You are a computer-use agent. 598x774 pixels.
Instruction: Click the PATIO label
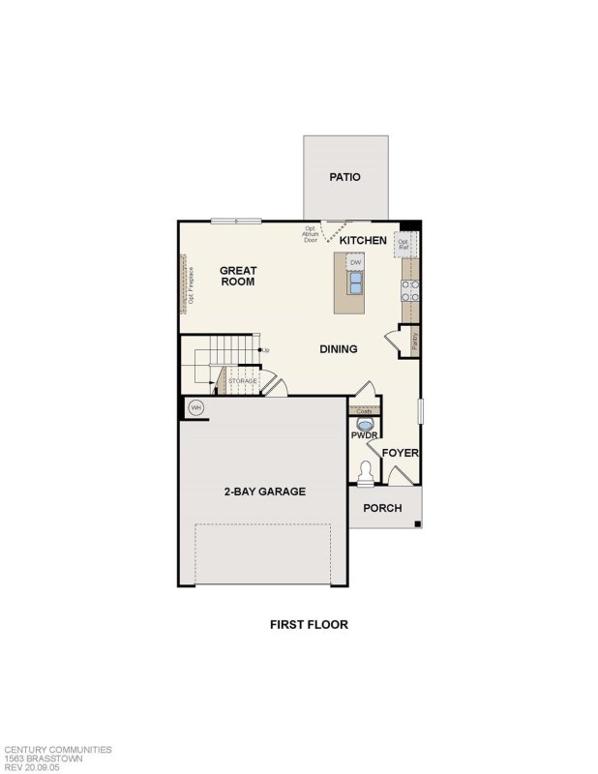coord(344,177)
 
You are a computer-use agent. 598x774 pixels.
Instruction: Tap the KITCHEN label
coord(363,240)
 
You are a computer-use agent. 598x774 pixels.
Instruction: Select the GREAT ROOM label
coord(237,276)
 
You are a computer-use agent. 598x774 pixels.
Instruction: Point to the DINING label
coord(339,349)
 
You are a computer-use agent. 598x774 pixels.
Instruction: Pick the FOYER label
coord(399,453)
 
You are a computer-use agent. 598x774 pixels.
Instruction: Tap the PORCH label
coord(382,508)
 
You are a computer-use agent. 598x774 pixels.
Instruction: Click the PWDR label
coord(364,434)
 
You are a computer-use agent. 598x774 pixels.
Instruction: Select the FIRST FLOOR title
coord(309,624)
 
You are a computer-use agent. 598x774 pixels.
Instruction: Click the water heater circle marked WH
coord(195,407)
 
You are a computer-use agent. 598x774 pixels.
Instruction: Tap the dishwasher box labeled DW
coord(355,262)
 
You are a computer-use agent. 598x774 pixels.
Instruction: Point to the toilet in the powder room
coord(365,474)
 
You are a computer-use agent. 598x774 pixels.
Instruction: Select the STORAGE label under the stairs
coord(243,381)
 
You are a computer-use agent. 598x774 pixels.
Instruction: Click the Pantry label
coord(415,341)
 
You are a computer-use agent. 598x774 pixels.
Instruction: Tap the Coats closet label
coord(364,411)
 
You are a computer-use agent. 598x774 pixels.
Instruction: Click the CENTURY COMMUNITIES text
coord(58,749)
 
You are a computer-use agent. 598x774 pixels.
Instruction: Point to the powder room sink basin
coord(365,423)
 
